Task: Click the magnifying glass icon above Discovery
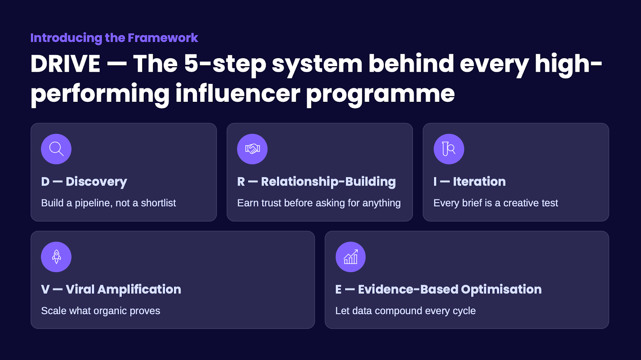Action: pos(56,149)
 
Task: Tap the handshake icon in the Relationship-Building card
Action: pos(252,149)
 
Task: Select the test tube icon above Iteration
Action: pos(449,149)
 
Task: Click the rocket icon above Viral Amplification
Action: pos(56,257)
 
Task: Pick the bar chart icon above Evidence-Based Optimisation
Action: pos(351,257)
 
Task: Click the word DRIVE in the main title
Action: pos(65,64)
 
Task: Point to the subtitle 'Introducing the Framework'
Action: pos(114,38)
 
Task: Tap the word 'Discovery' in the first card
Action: pos(96,182)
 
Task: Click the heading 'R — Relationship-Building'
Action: pos(316,182)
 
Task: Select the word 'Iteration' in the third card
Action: pos(479,182)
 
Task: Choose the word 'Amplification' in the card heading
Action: pos(139,289)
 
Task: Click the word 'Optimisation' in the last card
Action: pos(501,289)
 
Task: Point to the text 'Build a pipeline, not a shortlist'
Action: pos(109,203)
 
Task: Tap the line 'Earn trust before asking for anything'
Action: pos(319,203)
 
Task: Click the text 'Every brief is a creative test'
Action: pos(496,203)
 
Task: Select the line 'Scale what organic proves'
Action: pos(101,311)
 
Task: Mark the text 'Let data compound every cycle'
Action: pos(405,311)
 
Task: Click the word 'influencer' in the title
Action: pos(238,94)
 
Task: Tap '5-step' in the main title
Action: pos(225,64)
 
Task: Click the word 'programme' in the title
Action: pos(381,94)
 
